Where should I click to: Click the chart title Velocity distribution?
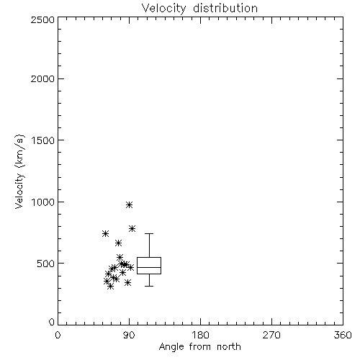coord(199,8)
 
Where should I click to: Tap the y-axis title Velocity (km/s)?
coord(19,171)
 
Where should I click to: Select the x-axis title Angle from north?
coord(199,347)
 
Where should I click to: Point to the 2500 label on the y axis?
coord(42,19)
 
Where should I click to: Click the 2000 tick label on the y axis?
coord(42,78)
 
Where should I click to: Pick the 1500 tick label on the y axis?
coord(43,140)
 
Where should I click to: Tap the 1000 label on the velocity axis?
coord(43,202)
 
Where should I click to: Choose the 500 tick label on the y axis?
coord(45,264)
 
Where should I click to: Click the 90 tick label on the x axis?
coord(129,335)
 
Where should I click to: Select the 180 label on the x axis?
coord(200,335)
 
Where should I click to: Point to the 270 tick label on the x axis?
coord(271,335)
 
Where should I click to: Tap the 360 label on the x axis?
coord(343,335)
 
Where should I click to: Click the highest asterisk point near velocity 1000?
coord(129,204)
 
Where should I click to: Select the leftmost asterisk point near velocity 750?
coord(105,233)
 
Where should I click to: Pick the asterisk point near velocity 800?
coord(132,228)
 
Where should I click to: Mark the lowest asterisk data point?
coord(110,286)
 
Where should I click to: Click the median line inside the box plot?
coord(149,267)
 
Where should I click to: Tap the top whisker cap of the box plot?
coord(149,233)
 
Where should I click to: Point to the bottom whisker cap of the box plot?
coord(149,286)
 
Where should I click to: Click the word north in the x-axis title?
coord(229,347)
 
